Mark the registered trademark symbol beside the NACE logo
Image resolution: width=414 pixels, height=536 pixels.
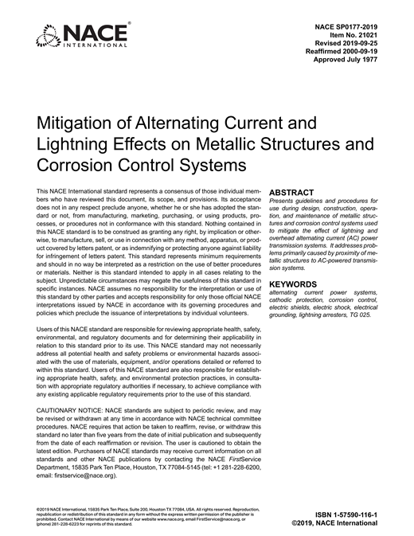130,24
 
